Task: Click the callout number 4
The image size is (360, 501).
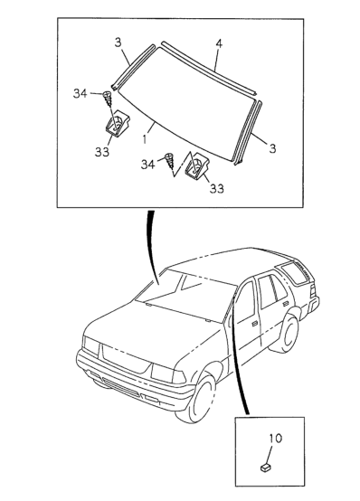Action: (x=219, y=43)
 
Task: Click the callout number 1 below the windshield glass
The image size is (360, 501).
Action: (x=146, y=139)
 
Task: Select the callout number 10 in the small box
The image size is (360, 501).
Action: (x=275, y=438)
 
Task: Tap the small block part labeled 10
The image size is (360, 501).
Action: (x=266, y=468)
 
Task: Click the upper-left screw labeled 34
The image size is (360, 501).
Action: (x=108, y=99)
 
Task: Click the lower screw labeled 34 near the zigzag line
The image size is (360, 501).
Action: (x=169, y=161)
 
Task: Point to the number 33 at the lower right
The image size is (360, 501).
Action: (x=217, y=188)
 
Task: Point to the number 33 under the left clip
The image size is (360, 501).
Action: (x=102, y=152)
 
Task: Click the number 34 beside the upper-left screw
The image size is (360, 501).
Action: (x=81, y=94)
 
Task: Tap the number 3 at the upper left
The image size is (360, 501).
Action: (x=118, y=43)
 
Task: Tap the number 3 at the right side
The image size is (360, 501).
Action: (x=272, y=148)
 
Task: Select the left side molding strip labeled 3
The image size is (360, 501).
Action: (x=133, y=67)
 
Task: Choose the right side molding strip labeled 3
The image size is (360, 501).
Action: (x=249, y=133)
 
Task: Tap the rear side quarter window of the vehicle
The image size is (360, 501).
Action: (x=293, y=272)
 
